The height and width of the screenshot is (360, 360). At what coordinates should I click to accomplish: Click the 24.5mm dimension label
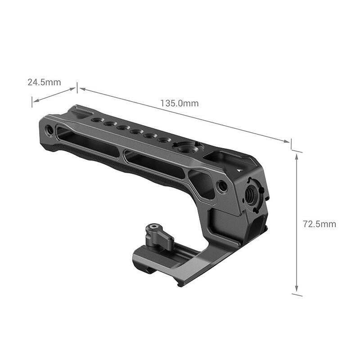coord(44,82)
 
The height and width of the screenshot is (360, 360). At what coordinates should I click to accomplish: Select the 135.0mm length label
coord(179,103)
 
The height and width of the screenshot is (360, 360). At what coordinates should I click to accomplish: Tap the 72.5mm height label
coord(319,224)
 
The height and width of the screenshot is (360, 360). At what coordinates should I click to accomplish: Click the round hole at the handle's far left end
coord(49,130)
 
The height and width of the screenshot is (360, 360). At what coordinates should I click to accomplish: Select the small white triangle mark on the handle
coord(240,170)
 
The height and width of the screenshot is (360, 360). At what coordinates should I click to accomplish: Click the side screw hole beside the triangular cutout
coord(221,185)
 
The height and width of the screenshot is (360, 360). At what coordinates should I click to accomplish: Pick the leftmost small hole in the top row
coord(96,120)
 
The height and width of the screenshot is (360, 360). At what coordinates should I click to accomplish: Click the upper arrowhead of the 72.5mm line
coord(297,155)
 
